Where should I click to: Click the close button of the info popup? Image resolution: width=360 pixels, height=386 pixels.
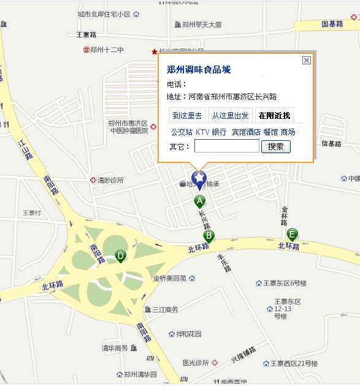coord(307,60)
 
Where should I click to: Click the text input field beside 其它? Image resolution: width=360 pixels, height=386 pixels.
coord(226,146)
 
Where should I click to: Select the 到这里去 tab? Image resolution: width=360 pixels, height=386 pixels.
coord(187,115)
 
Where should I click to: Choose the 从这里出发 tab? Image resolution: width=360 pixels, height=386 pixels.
coord(230,115)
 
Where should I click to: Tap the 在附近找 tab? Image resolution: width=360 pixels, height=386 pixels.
coord(274,115)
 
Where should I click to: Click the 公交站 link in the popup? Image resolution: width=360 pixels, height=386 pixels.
coord(182,132)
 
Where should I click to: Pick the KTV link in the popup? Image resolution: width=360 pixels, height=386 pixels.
coord(202,132)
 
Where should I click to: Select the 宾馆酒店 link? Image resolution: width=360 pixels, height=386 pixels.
coord(246,132)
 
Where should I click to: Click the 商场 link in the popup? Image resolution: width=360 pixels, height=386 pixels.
coord(288,132)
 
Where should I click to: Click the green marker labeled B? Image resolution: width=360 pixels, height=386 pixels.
coord(209,236)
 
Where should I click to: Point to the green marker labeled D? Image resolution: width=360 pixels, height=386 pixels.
coord(121,255)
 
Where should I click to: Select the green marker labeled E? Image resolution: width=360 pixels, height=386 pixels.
coord(293,233)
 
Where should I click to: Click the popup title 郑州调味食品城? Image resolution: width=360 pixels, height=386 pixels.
coord(199,70)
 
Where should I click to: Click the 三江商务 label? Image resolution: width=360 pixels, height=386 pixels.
coord(164,309)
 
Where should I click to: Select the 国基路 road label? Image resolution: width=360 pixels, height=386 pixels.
coord(332,24)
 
